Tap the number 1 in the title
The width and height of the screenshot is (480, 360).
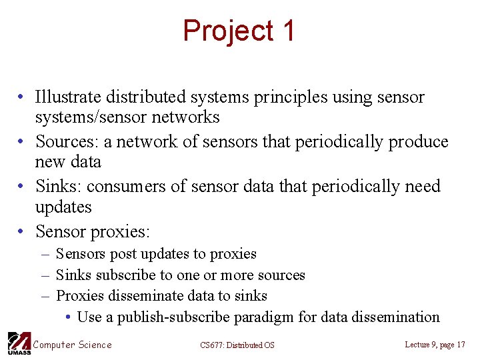[288, 31]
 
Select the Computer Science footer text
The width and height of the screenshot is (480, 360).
[73, 345]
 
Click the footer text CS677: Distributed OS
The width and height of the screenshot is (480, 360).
[237, 345]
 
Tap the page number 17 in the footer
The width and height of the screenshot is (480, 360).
[459, 345]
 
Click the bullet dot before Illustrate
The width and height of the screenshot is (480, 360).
[22, 98]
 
